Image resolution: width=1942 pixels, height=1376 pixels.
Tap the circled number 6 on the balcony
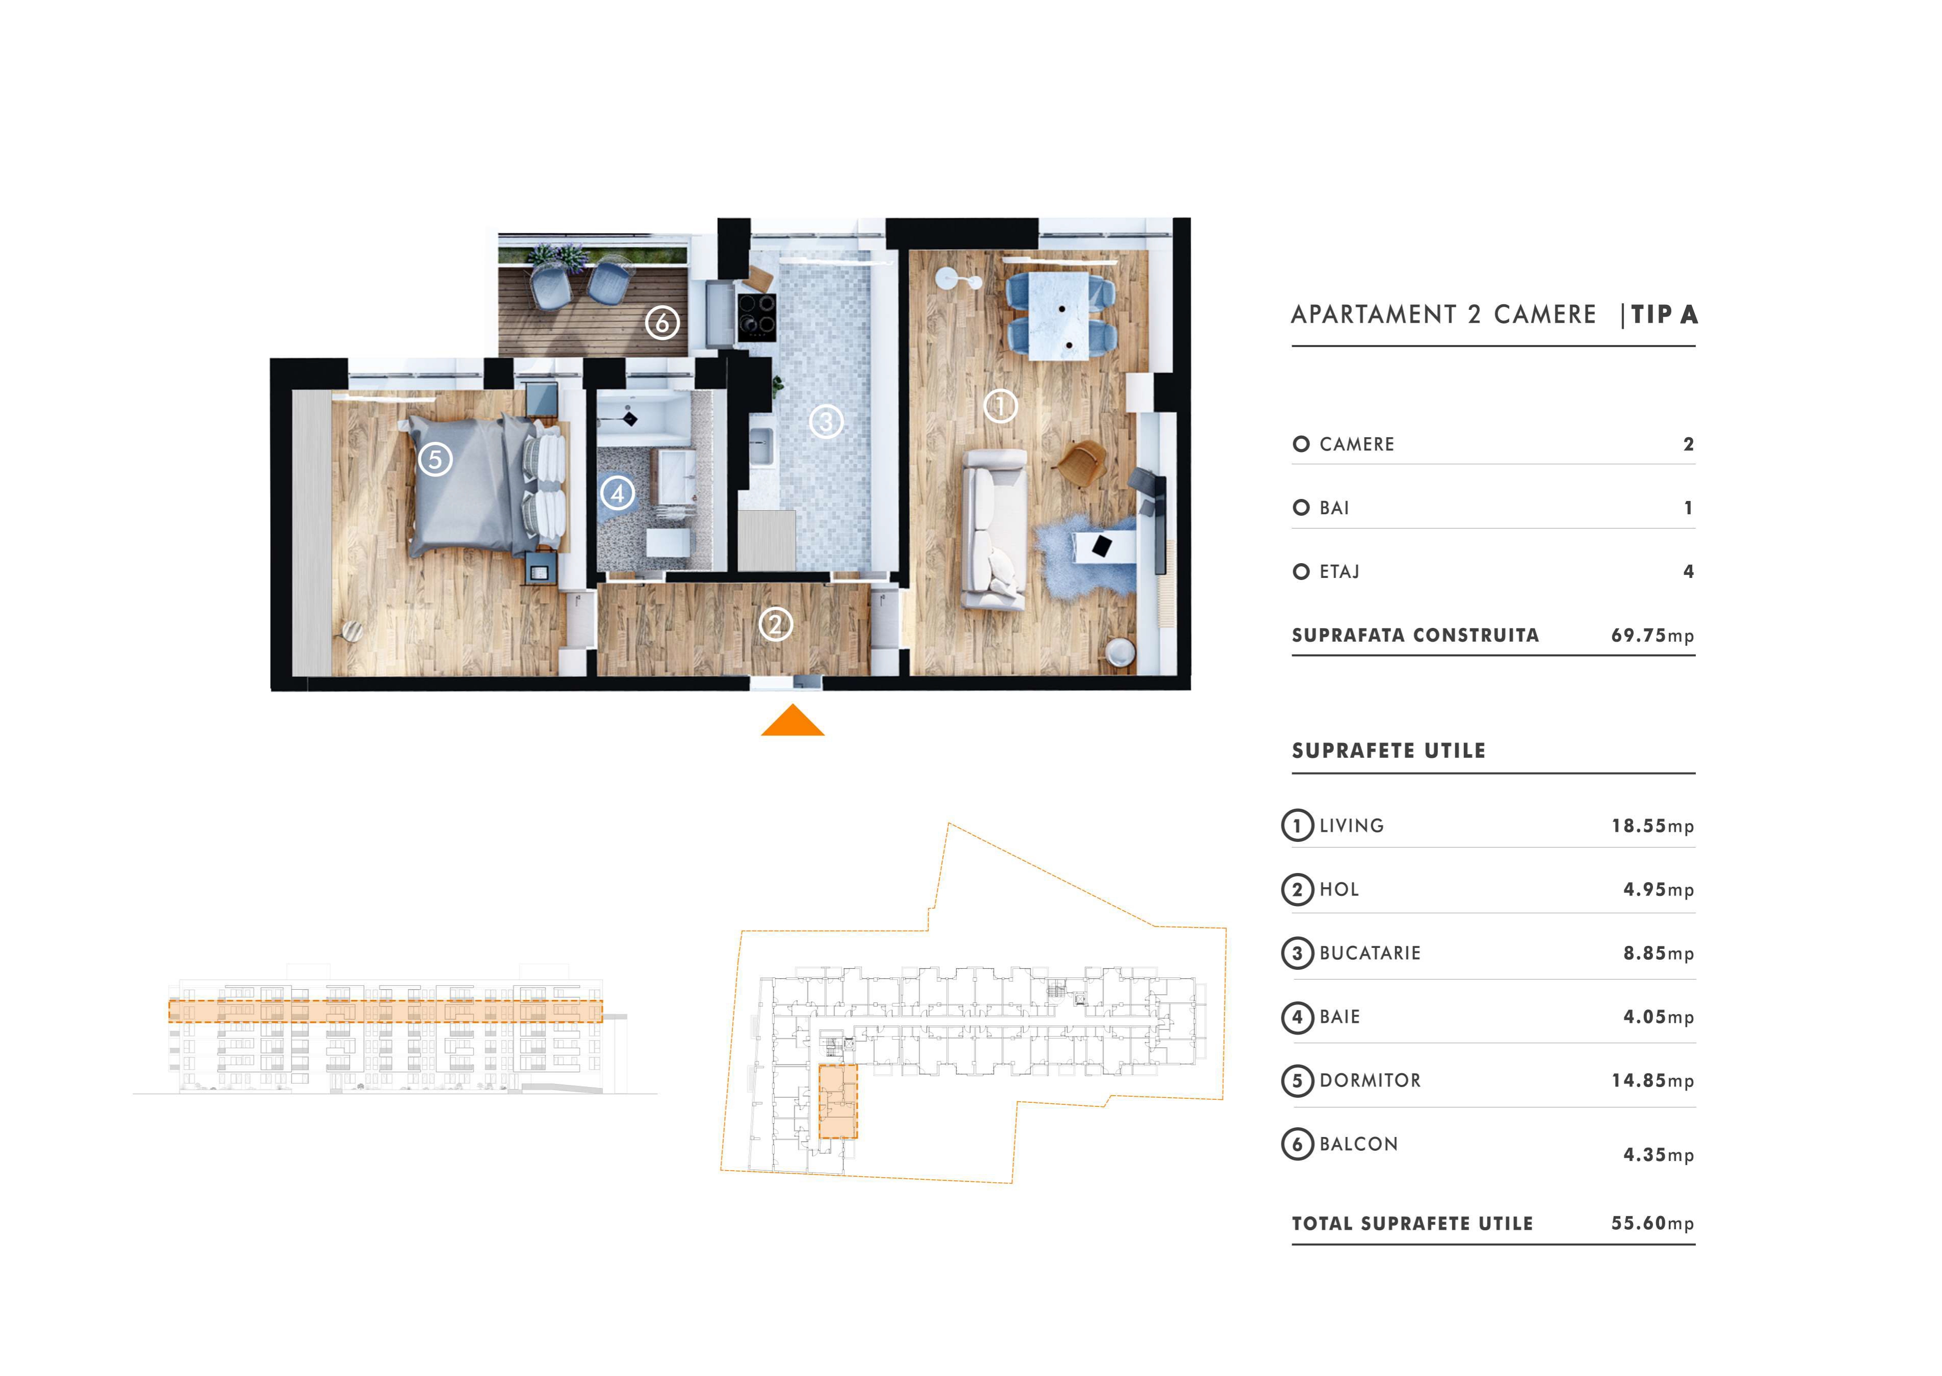pyautogui.click(x=663, y=322)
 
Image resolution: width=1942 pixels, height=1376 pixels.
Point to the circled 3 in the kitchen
pyautogui.click(x=826, y=421)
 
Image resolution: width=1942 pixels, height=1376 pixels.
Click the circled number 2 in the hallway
pyautogui.click(x=775, y=625)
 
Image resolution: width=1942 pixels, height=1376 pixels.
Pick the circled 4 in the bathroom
pyautogui.click(x=618, y=493)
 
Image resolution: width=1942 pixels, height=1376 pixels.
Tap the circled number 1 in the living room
pyautogui.click(x=1000, y=407)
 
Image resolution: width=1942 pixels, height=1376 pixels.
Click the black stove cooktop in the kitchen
pyautogui.click(x=756, y=316)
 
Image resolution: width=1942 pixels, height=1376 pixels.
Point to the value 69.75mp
pyautogui.click(x=1652, y=636)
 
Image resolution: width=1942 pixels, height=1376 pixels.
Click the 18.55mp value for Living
pyautogui.click(x=1652, y=826)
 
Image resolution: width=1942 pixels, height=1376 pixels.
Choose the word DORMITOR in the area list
pyautogui.click(x=1370, y=1080)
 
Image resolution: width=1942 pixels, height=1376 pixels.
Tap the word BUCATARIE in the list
pyautogui.click(x=1370, y=953)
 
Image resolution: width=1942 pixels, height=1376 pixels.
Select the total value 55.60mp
pyautogui.click(x=1652, y=1224)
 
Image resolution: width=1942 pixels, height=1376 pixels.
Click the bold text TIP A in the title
pyautogui.click(x=1664, y=314)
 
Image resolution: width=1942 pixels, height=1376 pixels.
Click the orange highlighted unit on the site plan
pyautogui.click(x=838, y=1101)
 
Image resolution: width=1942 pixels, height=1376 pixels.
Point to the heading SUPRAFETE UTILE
pyautogui.click(x=1389, y=751)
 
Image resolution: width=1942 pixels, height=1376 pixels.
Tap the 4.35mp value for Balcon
pyautogui.click(x=1658, y=1155)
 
